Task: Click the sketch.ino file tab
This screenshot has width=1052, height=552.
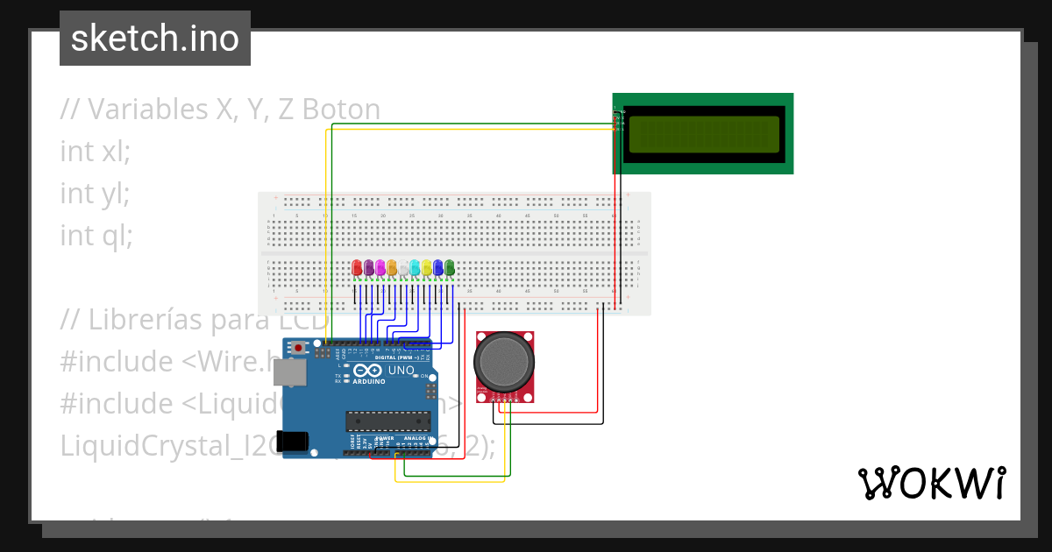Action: (155, 39)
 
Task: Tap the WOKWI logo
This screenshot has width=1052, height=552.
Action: (930, 483)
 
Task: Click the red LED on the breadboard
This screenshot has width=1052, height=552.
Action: (357, 268)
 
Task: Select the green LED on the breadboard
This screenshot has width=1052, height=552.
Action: (450, 268)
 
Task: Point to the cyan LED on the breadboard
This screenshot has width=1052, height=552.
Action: (415, 268)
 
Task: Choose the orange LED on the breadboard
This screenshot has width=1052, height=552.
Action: (392, 268)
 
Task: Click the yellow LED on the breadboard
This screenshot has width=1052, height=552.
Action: (427, 268)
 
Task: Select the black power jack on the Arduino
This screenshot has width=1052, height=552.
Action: (293, 442)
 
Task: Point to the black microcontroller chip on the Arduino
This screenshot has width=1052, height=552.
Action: (388, 421)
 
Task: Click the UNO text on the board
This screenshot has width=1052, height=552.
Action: (401, 372)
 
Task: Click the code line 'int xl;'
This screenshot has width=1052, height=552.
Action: (95, 151)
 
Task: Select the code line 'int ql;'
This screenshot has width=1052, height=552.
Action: (96, 235)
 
